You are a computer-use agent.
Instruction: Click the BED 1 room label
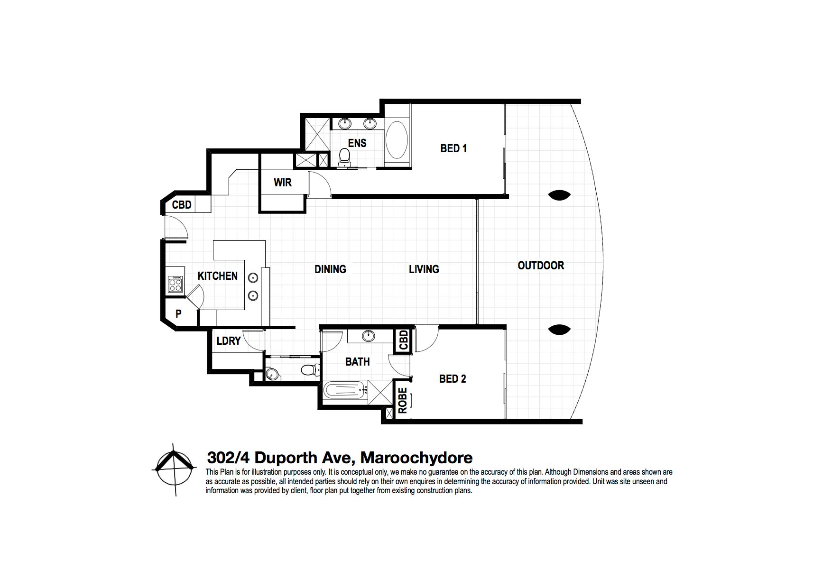453,148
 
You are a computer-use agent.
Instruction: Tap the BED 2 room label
453,379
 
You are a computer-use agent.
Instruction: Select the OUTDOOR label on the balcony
541,266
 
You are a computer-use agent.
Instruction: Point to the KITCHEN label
218,276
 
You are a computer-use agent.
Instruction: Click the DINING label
330,269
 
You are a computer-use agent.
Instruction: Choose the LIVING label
424,269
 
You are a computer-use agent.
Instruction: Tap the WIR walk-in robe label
283,183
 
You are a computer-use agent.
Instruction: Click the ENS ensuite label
357,143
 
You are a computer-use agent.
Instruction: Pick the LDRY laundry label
229,341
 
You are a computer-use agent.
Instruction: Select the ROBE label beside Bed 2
402,401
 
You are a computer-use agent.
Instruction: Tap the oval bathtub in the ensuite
396,141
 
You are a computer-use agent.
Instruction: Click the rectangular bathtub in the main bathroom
346,392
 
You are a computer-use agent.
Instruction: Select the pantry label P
179,314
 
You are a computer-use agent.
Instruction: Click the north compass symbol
175,469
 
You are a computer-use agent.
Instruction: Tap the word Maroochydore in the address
416,458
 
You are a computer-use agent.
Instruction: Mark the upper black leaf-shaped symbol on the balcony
559,195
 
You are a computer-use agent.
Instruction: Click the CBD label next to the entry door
182,205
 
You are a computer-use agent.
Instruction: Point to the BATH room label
357,362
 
